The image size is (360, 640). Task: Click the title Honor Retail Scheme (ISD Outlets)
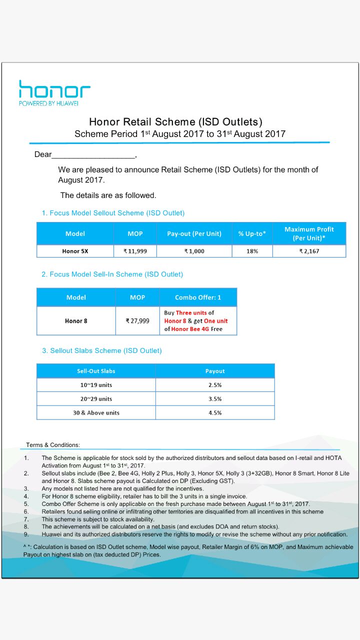pyautogui.click(x=175, y=121)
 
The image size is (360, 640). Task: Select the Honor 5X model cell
pyautogui.click(x=75, y=251)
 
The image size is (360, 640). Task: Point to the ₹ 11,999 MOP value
pyautogui.click(x=135, y=251)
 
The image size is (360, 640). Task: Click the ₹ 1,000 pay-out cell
pyautogui.click(x=194, y=251)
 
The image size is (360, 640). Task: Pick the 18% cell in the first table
pyautogui.click(x=252, y=251)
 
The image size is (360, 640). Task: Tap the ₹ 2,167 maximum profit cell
pyautogui.click(x=309, y=251)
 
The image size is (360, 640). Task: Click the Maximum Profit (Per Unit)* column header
pyautogui.click(x=309, y=233)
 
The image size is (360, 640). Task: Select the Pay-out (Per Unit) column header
pyautogui.click(x=194, y=233)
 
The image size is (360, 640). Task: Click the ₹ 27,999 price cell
pyautogui.click(x=137, y=321)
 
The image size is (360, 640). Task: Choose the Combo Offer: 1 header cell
pyautogui.click(x=198, y=297)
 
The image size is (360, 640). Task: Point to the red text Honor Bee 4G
pyautogui.click(x=190, y=329)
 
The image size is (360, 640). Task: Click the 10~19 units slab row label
pyautogui.click(x=95, y=385)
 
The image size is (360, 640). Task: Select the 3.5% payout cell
pyautogui.click(x=215, y=399)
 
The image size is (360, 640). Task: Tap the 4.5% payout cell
pyautogui.click(x=215, y=413)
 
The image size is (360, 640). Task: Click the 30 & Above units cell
pyautogui.click(x=95, y=413)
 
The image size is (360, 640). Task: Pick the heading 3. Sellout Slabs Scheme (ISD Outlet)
pyautogui.click(x=102, y=350)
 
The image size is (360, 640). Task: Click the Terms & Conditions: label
pyautogui.click(x=53, y=444)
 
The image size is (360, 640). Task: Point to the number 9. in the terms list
pyautogui.click(x=26, y=534)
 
